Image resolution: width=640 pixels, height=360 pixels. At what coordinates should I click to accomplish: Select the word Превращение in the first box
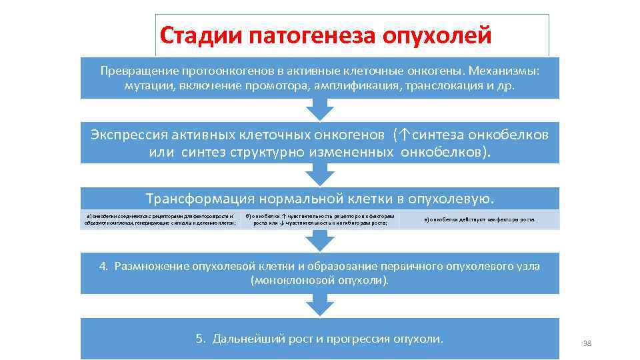pyautogui.click(x=137, y=70)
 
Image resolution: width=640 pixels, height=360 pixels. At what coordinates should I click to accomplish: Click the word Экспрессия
pyautogui.click(x=126, y=135)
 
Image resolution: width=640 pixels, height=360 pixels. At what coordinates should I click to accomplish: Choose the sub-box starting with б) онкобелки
pyautogui.click(x=319, y=219)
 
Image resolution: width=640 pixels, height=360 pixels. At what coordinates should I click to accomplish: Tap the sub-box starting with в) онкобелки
pyautogui.click(x=479, y=219)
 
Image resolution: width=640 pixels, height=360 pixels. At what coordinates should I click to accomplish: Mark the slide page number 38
pyautogui.click(x=587, y=343)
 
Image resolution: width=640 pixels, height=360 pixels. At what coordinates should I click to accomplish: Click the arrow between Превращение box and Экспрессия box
pyautogui.click(x=320, y=111)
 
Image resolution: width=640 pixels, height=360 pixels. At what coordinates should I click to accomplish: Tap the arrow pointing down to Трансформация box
pyautogui.click(x=320, y=175)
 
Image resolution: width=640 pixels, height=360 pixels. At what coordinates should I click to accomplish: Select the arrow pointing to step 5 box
pyautogui.click(x=320, y=305)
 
